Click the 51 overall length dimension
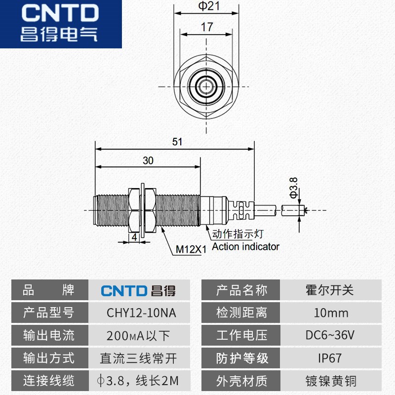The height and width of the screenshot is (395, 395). [x=177, y=142]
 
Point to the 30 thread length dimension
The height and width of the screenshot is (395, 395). [x=148, y=160]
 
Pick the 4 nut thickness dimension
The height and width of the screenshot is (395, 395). [x=134, y=237]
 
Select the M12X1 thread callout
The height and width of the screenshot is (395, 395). [x=191, y=250]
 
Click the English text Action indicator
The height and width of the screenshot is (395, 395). [x=245, y=246]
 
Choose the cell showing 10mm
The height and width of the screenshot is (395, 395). [x=331, y=313]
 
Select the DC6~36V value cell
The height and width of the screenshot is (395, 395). [x=331, y=336]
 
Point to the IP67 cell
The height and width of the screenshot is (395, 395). [x=331, y=358]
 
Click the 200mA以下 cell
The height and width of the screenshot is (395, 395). [x=139, y=336]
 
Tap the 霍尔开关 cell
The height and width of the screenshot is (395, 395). [x=331, y=290]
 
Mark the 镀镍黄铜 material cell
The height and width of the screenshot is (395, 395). [x=331, y=381]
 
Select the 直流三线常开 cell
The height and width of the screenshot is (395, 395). [x=139, y=358]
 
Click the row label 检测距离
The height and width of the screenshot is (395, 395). [x=241, y=313]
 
